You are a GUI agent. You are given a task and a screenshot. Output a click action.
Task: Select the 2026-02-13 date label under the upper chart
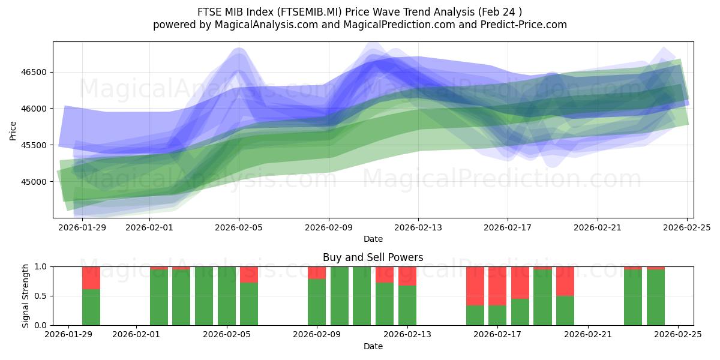(418, 227)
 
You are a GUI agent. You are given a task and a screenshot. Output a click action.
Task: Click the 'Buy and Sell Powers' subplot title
(373, 257)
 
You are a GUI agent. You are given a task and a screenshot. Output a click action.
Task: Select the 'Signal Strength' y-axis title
(26, 296)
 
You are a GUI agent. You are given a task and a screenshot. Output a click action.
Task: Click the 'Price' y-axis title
(13, 130)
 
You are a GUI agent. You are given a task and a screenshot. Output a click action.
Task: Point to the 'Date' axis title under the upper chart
(373, 239)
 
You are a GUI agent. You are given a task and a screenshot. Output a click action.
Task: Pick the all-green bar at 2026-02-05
(227, 296)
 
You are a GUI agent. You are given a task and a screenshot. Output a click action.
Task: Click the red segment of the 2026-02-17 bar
(497, 286)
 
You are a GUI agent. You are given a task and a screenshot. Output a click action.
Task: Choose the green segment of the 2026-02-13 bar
(407, 305)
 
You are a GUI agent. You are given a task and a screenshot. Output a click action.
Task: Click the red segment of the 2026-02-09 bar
(317, 272)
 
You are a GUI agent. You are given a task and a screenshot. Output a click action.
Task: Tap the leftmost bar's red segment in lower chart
(91, 278)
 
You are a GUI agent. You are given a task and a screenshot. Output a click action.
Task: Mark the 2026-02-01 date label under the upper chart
(149, 227)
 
